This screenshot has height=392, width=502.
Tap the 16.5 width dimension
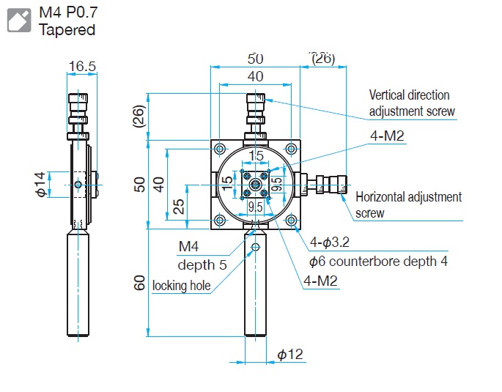[82, 67]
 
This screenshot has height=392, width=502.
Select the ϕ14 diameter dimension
[39, 184]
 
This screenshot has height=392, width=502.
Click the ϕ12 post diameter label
[290, 355]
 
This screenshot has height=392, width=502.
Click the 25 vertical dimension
[178, 207]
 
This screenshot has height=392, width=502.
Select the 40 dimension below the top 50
[255, 75]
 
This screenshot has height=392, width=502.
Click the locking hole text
[181, 285]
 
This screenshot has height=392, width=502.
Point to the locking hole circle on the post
[255, 248]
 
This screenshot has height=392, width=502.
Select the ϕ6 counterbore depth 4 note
[377, 261]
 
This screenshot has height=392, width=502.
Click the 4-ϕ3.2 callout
[331, 243]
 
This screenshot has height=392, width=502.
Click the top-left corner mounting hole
[219, 148]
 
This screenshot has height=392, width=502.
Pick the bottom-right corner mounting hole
[292, 220]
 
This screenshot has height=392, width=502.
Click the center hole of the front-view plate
[255, 184]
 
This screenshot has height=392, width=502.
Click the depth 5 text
[202, 265]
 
